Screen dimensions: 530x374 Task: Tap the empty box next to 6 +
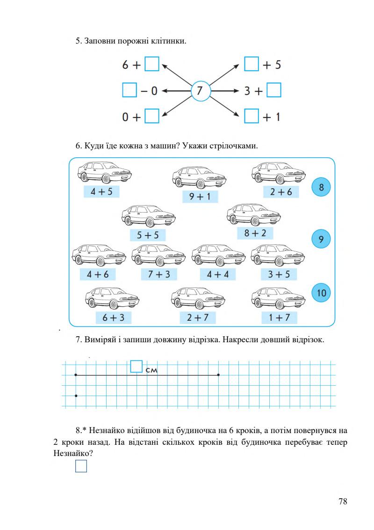coord(152,64)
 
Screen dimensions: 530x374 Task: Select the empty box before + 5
coord(252,64)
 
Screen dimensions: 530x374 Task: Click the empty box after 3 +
coord(274,90)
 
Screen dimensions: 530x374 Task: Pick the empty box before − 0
coord(129,90)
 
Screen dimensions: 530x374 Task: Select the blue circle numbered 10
coord(321,293)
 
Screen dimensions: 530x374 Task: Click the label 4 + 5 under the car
coord(101,191)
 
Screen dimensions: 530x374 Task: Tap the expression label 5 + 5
coord(148,234)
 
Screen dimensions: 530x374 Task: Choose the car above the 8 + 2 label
coord(253,216)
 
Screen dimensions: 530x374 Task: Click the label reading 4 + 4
coord(217,274)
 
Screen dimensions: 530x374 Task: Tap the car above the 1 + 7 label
coord(278,297)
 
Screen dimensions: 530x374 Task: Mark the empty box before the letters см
coord(136,366)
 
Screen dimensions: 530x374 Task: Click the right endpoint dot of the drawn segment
coord(219,375)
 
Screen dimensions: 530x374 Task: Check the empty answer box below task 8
coord(81,466)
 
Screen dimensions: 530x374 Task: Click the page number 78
coord(343,501)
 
